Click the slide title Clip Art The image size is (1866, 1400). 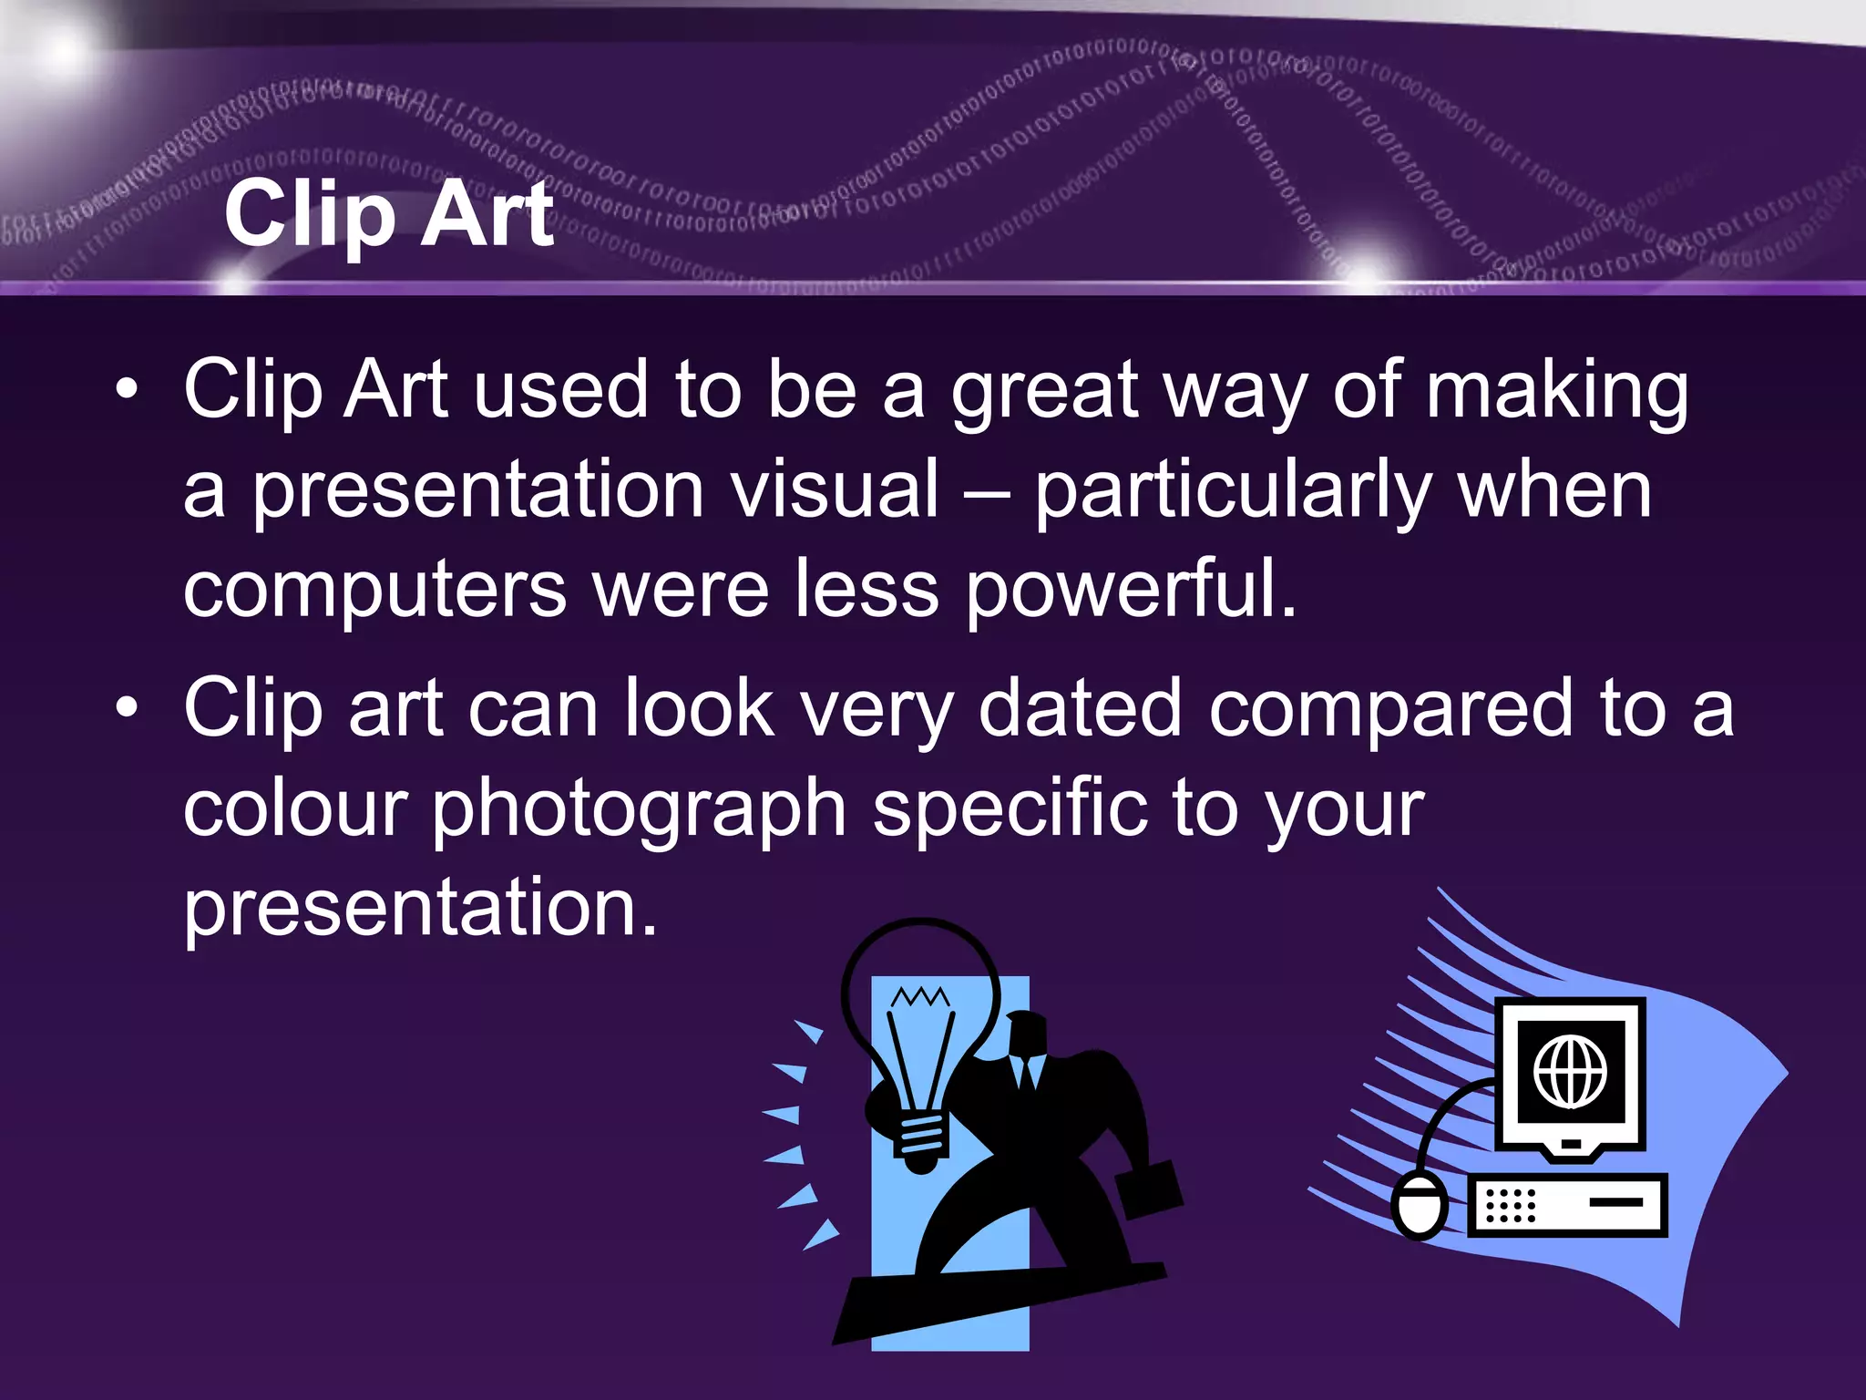(389, 214)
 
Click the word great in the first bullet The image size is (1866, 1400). (1044, 392)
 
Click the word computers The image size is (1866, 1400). (374, 591)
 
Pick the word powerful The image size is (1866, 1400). (1130, 591)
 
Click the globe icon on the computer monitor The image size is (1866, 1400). (1570, 1072)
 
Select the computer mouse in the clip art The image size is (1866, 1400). (1420, 1205)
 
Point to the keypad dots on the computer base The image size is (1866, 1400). (1510, 1205)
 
